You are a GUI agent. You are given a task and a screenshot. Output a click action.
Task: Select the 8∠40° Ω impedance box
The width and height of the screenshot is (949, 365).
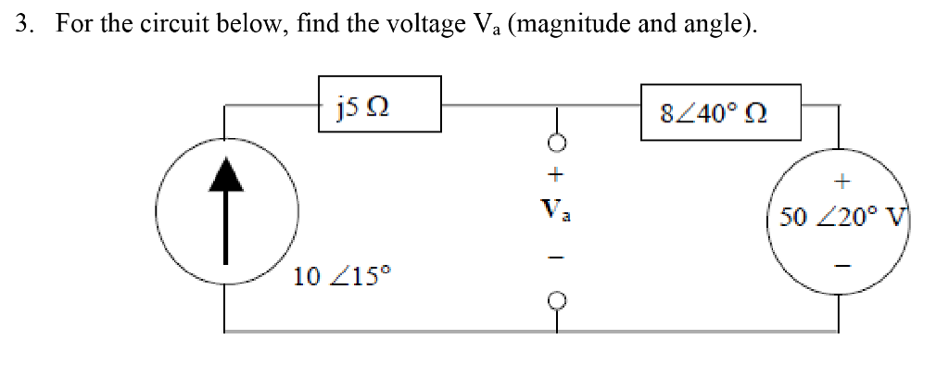tap(720, 112)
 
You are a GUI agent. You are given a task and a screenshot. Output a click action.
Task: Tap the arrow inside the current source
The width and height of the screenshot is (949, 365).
tap(225, 213)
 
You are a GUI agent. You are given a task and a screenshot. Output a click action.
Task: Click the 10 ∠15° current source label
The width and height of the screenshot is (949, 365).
tap(342, 275)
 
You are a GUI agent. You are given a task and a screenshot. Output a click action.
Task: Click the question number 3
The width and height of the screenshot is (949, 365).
tap(23, 23)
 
